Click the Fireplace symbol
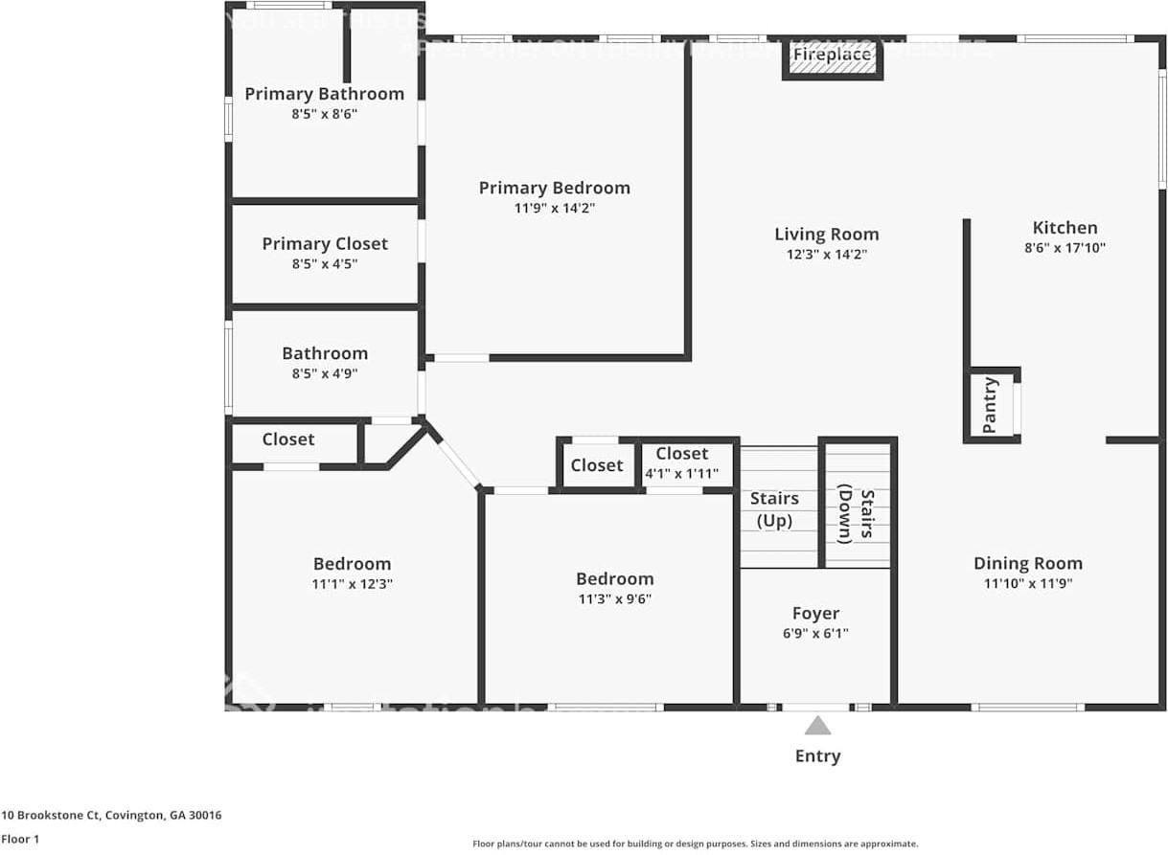pos(832,56)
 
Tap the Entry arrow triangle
pos(817,726)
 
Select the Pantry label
pos(990,406)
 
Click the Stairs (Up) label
pos(774,509)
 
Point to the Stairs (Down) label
pos(858,515)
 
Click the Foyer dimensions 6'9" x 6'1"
pos(815,633)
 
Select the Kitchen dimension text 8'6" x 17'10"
pos(1065,248)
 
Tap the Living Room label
pos(826,234)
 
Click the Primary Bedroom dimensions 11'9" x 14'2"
pos(554,208)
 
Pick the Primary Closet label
pos(325,244)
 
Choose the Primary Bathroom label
pos(324,94)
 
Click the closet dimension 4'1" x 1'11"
pos(681,472)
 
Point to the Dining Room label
pos(1027,563)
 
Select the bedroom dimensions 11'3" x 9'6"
pos(614,599)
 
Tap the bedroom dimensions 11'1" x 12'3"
pos(352,584)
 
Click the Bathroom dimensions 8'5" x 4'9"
pos(324,374)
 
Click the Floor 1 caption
pos(19,839)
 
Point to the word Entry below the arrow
pos(817,755)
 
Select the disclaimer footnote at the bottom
pos(695,844)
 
